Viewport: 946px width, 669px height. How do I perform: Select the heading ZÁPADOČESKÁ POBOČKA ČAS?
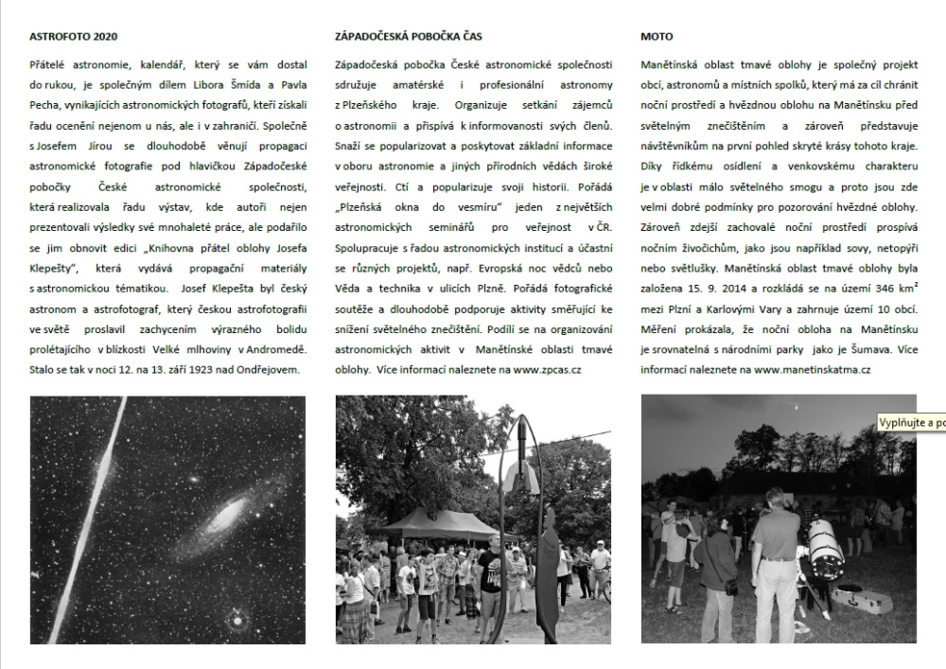pyautogui.click(x=409, y=37)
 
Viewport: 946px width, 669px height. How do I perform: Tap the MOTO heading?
pyautogui.click(x=657, y=37)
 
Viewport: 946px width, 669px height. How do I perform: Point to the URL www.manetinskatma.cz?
pyautogui.click(x=814, y=369)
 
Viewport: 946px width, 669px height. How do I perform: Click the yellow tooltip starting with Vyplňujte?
pyautogui.click(x=911, y=422)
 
